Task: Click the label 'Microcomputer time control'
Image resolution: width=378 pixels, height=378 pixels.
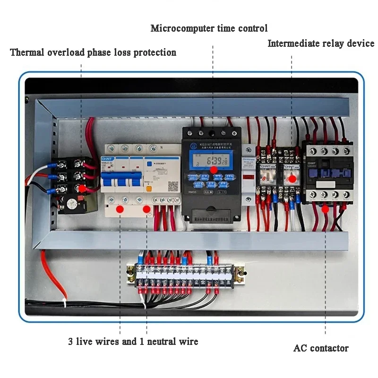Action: pos(209,28)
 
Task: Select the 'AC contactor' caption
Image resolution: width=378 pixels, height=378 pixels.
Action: pos(321,349)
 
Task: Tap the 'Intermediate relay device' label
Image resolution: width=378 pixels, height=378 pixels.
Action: pos(321,44)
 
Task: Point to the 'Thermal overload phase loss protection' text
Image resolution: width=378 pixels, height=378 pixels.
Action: pos(93,52)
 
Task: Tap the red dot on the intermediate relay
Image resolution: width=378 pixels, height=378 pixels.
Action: pos(292,179)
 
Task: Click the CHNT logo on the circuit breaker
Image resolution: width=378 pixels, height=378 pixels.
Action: pos(107,159)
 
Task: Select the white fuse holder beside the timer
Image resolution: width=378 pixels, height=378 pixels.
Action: pos(248,177)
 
